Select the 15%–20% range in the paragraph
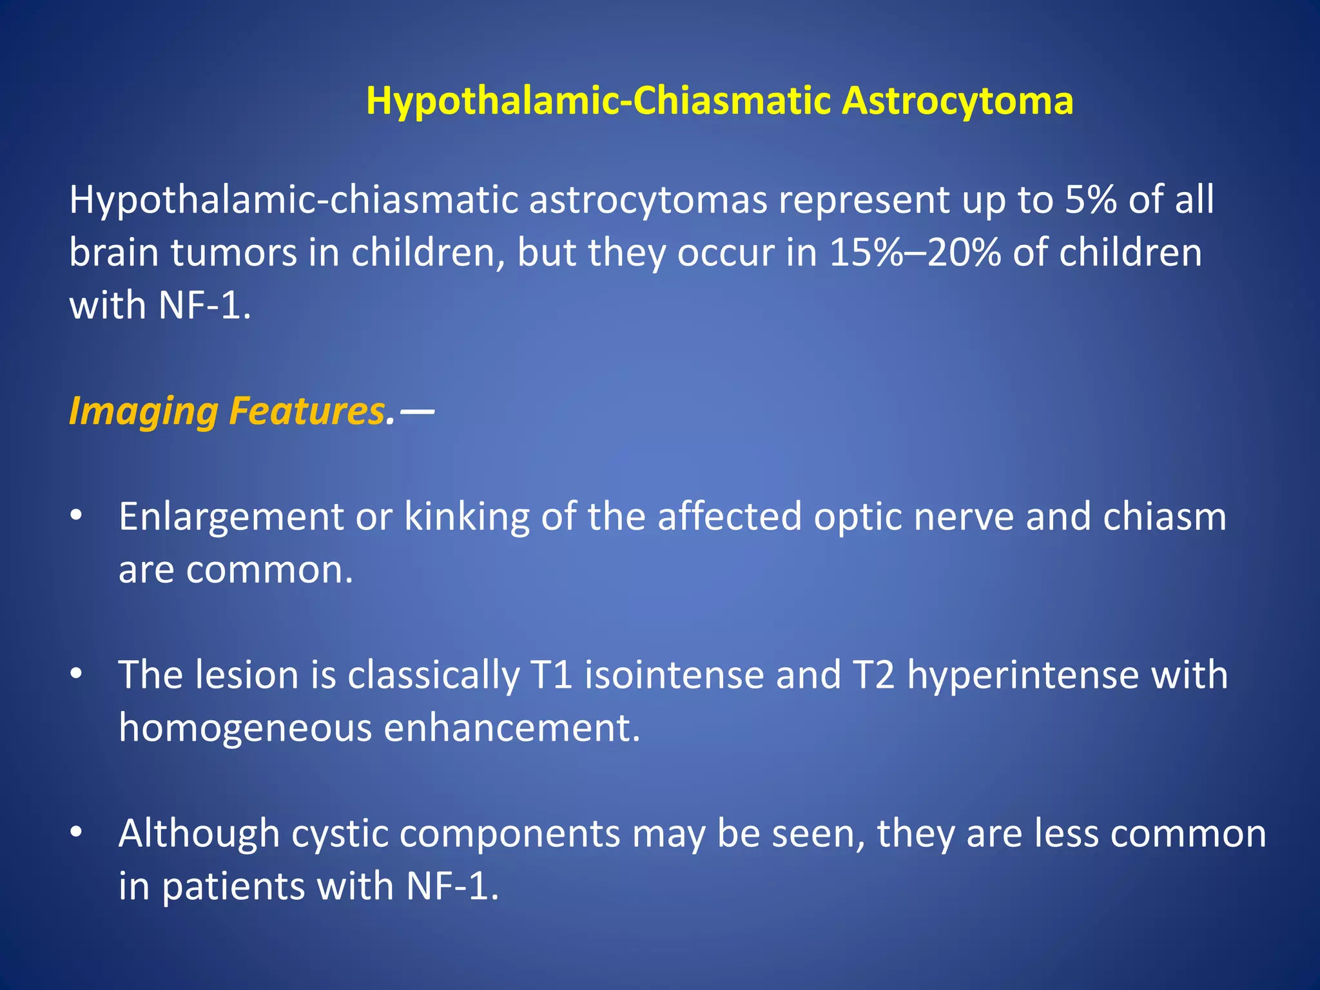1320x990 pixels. click(915, 253)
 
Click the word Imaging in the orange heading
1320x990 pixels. click(143, 411)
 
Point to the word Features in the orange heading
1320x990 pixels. click(307, 411)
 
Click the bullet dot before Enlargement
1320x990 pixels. click(76, 517)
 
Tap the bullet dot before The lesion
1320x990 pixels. click(76, 675)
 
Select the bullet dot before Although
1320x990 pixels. click(76, 833)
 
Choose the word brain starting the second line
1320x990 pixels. click(113, 253)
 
